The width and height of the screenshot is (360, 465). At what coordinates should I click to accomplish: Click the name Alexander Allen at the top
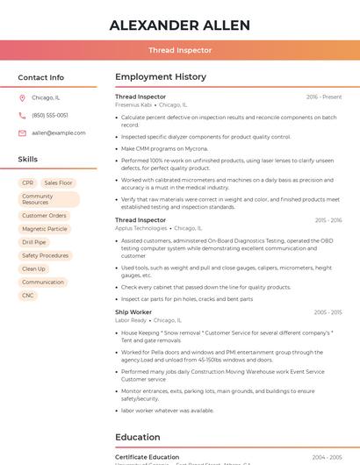(180, 25)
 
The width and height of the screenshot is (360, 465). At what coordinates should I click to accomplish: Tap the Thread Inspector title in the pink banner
(180, 50)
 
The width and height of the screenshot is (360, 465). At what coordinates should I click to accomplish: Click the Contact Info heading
(40, 77)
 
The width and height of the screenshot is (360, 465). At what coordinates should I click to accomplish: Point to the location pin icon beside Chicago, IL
(22, 97)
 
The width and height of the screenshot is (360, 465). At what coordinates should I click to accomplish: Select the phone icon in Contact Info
(22, 115)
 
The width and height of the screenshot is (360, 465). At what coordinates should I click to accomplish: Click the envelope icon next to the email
(22, 132)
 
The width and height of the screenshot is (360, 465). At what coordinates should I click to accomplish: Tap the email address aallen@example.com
(59, 132)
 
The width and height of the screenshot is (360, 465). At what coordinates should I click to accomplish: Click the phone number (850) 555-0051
(50, 115)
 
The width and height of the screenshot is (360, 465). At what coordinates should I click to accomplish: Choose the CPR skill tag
(28, 182)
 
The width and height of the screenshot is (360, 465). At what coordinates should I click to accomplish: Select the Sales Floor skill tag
(59, 182)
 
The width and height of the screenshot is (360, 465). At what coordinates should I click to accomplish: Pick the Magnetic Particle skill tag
(45, 229)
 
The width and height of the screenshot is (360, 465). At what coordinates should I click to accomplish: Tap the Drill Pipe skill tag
(34, 242)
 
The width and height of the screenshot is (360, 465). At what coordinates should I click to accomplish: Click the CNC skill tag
(28, 296)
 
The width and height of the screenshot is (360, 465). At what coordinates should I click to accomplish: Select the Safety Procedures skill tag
(45, 255)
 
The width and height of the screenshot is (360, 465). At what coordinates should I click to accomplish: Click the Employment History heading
(161, 77)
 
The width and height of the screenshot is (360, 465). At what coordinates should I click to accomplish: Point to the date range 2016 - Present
(324, 97)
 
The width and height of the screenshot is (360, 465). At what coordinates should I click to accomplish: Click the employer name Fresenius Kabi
(133, 104)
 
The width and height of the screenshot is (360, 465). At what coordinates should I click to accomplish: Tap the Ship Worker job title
(133, 312)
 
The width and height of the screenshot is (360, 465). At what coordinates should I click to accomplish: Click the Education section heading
(138, 437)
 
